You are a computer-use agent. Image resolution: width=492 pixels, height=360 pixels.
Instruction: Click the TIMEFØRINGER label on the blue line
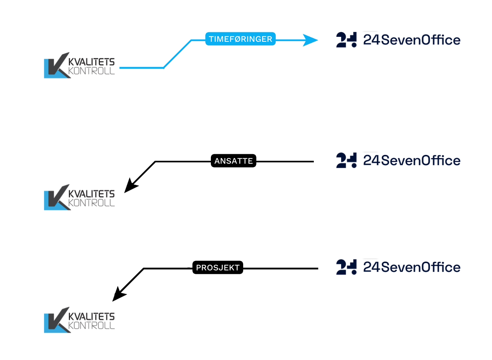tap(240, 39)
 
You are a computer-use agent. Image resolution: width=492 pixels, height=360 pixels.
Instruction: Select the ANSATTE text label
tap(234, 161)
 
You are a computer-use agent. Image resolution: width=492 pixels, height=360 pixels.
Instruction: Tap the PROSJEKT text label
tap(218, 268)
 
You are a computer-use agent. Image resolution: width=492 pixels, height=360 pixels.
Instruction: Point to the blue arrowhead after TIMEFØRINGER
tap(310, 40)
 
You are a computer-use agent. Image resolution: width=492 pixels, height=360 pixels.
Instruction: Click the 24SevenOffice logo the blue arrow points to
tap(397, 40)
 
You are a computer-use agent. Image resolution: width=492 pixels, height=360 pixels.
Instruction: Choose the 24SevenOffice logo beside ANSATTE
tap(397, 161)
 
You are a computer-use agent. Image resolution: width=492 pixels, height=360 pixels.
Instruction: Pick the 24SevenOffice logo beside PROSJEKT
tap(397, 267)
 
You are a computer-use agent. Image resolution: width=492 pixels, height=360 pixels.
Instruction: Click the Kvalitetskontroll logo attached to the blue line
tap(79, 66)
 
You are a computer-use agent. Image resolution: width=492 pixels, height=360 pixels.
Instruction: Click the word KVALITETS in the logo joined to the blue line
tap(92, 62)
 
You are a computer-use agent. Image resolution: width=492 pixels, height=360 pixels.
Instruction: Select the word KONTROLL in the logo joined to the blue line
tap(92, 71)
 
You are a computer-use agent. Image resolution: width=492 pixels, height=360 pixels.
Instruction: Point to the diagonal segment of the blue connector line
tap(177, 54)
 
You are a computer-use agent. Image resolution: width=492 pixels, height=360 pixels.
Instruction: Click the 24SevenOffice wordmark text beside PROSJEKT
tap(412, 267)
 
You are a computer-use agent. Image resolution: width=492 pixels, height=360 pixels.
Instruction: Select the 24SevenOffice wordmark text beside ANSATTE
tap(412, 161)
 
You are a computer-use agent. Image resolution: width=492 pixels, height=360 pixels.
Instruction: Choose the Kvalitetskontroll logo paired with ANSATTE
tap(79, 198)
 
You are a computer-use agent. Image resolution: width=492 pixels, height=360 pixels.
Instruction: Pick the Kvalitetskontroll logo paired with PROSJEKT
tap(79, 321)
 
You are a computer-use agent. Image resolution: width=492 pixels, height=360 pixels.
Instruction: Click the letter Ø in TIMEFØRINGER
tap(235, 39)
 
